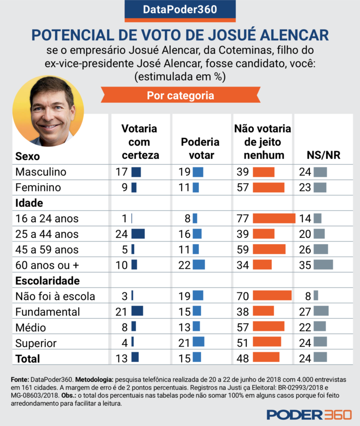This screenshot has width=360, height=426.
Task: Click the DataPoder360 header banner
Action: (x=180, y=9)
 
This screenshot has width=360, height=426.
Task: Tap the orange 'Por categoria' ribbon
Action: (x=180, y=96)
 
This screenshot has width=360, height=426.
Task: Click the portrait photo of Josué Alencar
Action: (x=48, y=111)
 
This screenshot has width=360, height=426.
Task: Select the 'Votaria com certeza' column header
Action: (x=139, y=142)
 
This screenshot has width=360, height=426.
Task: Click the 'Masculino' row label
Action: (x=41, y=172)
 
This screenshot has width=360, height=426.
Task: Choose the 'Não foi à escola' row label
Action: (x=55, y=296)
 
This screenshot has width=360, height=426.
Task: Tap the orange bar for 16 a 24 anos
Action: (x=274, y=218)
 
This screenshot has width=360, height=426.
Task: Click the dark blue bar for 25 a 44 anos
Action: (x=138, y=234)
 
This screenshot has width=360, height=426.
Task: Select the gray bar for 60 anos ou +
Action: (x=323, y=265)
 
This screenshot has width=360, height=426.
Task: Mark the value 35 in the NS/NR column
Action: (x=305, y=265)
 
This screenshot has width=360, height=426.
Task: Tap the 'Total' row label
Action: (x=28, y=358)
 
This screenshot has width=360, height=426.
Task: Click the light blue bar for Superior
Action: (x=198, y=342)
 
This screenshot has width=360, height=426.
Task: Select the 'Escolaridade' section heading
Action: (x=47, y=280)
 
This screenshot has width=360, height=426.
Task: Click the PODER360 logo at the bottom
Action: (x=309, y=414)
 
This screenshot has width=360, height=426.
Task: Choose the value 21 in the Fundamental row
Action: (x=121, y=311)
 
